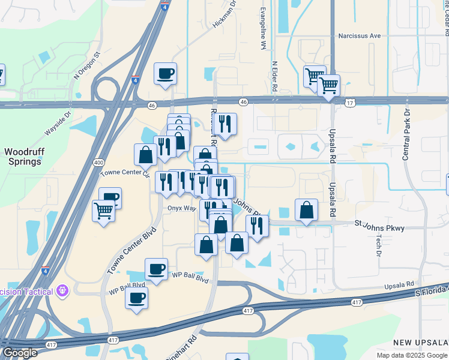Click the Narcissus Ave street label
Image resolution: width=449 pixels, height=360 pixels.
click(x=360, y=36)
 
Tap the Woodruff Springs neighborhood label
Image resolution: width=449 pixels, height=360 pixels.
click(x=23, y=157)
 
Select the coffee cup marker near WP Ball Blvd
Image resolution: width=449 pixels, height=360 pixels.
click(x=156, y=269)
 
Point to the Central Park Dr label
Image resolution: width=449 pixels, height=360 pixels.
click(x=406, y=136)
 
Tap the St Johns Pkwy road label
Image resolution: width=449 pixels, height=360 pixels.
click(x=379, y=227)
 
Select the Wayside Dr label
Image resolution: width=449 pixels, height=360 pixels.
click(x=58, y=124)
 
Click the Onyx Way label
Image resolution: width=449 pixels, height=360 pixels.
click(x=182, y=208)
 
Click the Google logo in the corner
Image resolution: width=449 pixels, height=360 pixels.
click(x=19, y=353)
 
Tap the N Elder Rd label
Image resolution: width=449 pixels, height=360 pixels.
click(x=274, y=76)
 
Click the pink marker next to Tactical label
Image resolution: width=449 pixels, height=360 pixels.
click(x=63, y=292)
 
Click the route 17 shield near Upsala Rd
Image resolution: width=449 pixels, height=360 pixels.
click(x=350, y=103)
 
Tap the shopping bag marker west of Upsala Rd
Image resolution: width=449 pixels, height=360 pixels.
click(x=306, y=210)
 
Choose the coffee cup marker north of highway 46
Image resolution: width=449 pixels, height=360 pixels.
click(x=165, y=74)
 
